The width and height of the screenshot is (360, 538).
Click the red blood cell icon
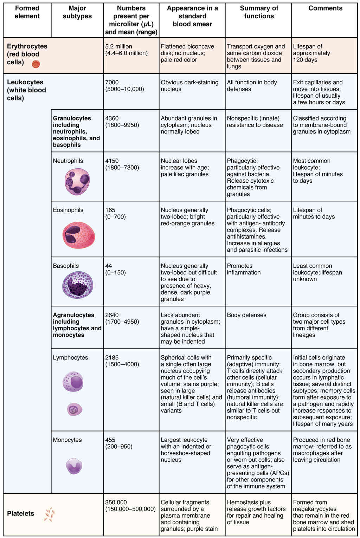point(36,64)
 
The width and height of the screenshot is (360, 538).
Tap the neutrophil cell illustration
point(77,181)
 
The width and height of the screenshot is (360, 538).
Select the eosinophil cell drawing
point(78,235)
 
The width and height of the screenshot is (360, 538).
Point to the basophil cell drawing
point(77,285)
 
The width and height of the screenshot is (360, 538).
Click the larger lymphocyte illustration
point(73,382)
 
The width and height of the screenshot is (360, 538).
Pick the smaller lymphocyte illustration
point(75,409)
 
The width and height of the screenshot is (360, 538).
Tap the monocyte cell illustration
point(74,466)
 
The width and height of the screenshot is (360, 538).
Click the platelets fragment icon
point(49,514)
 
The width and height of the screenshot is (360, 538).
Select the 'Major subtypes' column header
point(77,12)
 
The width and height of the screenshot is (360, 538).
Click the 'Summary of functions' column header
point(259,12)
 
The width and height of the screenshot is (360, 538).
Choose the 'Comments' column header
point(325,8)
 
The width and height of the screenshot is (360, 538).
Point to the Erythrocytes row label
point(27,54)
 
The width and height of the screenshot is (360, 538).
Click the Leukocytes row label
point(26,90)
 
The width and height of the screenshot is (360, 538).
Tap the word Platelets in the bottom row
point(20,513)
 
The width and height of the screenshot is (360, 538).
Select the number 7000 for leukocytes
point(112,82)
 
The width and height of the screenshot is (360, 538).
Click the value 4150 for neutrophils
point(112,161)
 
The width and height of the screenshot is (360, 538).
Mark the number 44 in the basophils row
point(109,266)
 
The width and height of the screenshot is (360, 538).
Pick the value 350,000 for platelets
point(116,503)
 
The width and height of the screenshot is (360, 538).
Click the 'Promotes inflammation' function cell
point(244,269)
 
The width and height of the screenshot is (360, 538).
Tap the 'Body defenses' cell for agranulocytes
point(246,315)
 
